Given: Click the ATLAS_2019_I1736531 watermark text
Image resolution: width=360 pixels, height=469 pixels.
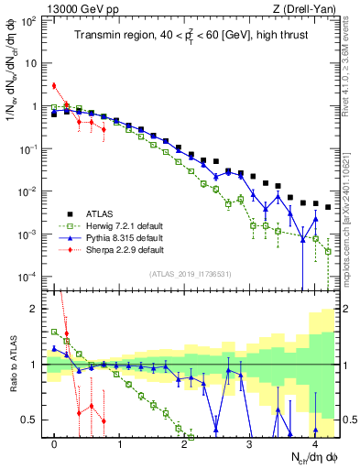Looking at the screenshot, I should pyautogui.click(x=190, y=274).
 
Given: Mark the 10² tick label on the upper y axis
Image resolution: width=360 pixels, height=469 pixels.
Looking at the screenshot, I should pyautogui.click(x=29, y=21).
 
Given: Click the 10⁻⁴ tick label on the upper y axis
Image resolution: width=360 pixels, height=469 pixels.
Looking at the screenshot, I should pyautogui.click(x=29, y=277).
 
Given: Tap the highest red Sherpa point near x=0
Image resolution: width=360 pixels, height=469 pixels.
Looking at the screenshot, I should pyautogui.click(x=55, y=86).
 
